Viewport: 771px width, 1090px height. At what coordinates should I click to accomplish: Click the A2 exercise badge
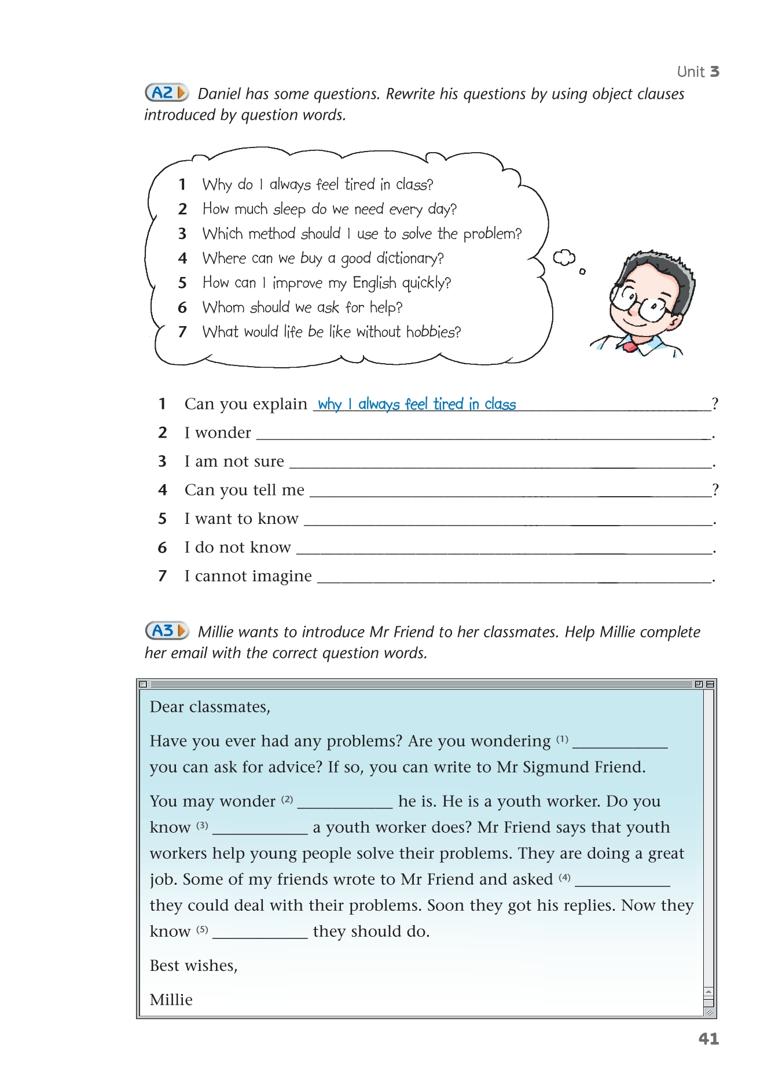click(x=167, y=93)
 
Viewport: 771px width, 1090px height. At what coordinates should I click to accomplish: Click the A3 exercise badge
click(x=167, y=630)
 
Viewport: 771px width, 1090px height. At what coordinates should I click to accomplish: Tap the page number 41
click(x=708, y=1039)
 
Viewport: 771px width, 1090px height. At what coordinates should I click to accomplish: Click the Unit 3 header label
click(x=698, y=72)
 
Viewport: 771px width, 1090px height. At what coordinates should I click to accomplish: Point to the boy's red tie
click(x=630, y=347)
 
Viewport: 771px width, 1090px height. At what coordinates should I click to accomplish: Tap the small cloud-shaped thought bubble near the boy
click(x=564, y=257)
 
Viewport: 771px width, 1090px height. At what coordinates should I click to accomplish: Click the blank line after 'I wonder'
click(x=483, y=434)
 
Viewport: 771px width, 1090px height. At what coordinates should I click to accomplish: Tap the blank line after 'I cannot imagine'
click(x=514, y=577)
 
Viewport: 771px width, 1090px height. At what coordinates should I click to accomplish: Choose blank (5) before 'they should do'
click(x=260, y=932)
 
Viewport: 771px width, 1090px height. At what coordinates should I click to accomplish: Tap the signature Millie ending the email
click(x=171, y=1000)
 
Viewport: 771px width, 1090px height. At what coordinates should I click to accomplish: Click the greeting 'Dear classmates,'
click(x=210, y=707)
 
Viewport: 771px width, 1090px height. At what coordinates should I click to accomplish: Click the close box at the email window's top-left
click(x=144, y=684)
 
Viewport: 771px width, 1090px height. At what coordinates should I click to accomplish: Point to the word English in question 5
click(x=375, y=283)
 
